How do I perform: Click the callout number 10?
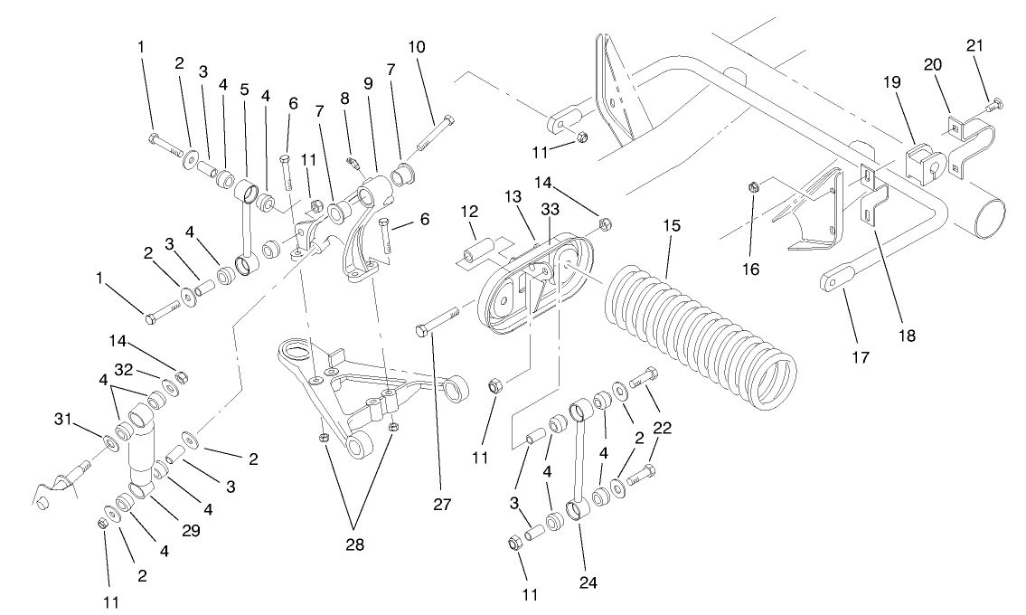(x=417, y=45)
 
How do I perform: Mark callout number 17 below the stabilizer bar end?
(x=860, y=357)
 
